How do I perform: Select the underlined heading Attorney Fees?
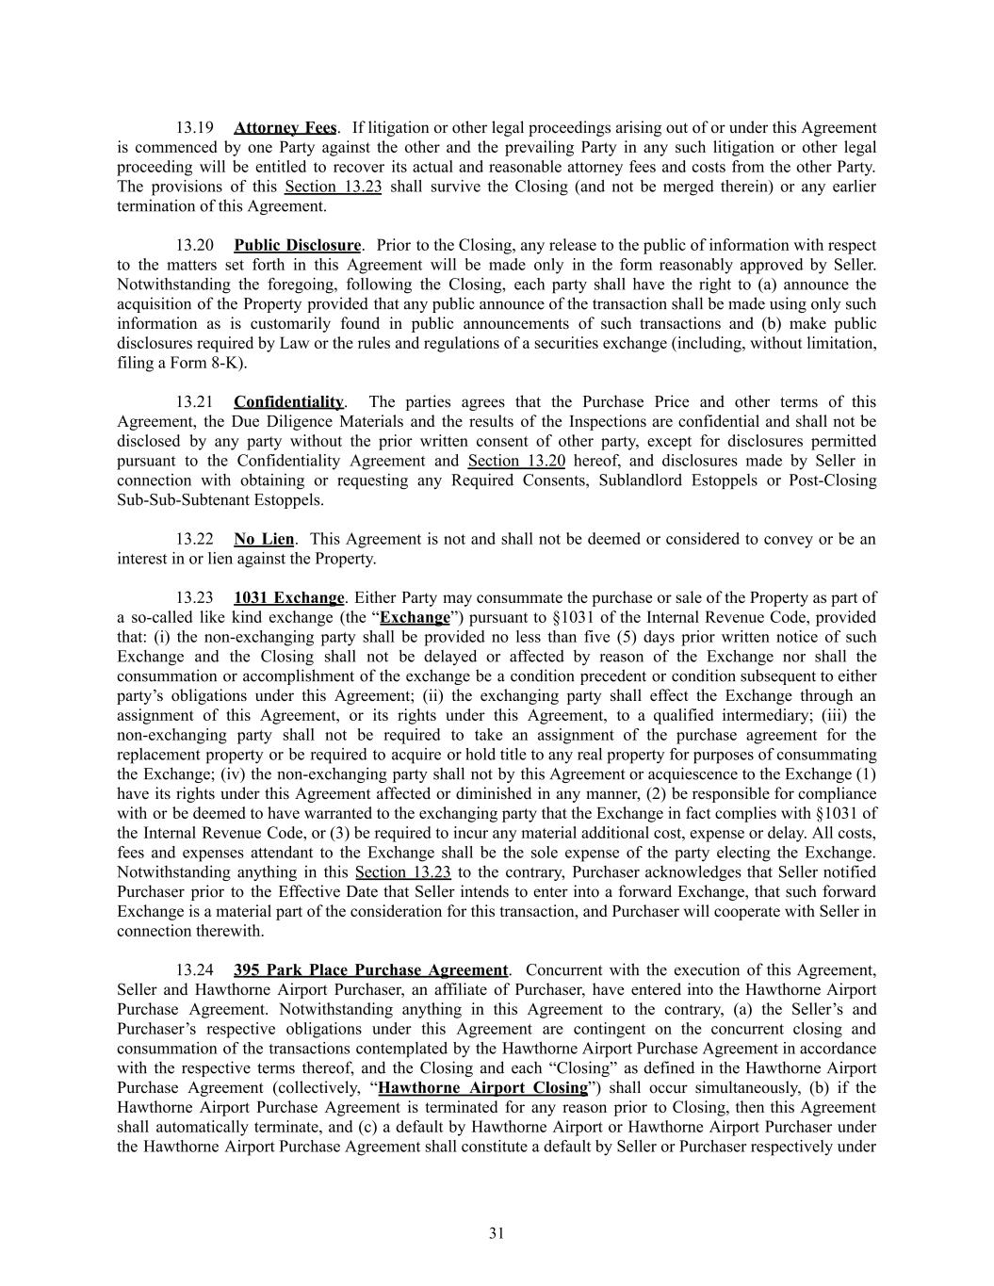click(x=285, y=127)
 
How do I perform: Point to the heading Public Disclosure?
click(x=297, y=245)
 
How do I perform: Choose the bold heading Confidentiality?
click(x=289, y=402)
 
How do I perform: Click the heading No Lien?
click(x=264, y=539)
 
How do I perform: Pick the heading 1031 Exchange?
click(x=288, y=597)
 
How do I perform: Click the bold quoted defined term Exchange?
click(x=415, y=618)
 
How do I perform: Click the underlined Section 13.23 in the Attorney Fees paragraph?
click(x=333, y=186)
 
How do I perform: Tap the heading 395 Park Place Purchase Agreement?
click(x=370, y=969)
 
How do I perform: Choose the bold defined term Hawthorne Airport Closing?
click(x=482, y=1088)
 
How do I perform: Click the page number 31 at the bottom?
click(x=497, y=1233)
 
